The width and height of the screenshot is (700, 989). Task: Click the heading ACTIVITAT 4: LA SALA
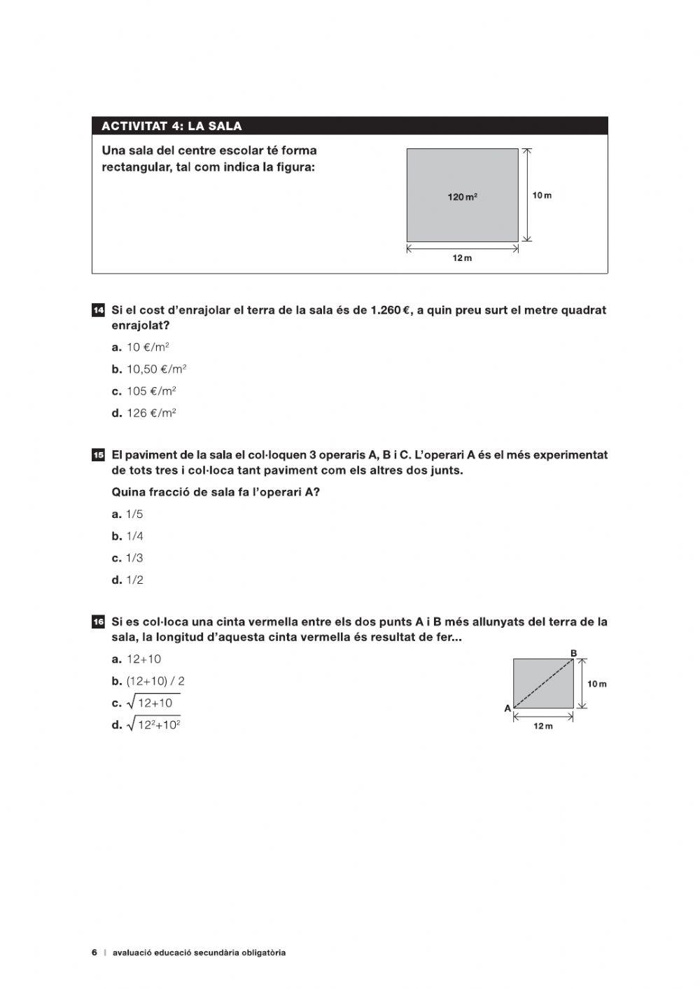point(171,127)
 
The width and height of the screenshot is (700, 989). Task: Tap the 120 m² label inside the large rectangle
point(462,197)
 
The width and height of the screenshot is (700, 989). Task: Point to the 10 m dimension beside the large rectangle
point(542,195)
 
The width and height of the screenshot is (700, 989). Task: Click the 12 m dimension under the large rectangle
point(462,258)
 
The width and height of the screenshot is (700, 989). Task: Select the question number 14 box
point(98,310)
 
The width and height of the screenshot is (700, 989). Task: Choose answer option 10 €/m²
point(148,347)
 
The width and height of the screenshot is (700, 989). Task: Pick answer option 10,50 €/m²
point(156,369)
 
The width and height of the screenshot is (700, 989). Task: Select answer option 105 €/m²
point(150,391)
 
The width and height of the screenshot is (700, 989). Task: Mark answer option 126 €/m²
point(150,413)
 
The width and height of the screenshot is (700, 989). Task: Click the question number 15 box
point(98,455)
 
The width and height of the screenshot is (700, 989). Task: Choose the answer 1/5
point(134,514)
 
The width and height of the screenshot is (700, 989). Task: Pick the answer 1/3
point(134,558)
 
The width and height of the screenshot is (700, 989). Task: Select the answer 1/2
point(134,580)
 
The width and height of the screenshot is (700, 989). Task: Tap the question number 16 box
point(98,622)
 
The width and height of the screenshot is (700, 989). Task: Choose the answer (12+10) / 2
point(155,681)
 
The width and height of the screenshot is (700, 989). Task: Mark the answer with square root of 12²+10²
point(153,725)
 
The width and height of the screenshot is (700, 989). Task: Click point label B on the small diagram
point(573,653)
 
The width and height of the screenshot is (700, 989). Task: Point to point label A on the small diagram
point(507,708)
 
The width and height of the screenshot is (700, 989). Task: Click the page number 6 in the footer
point(94,953)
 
